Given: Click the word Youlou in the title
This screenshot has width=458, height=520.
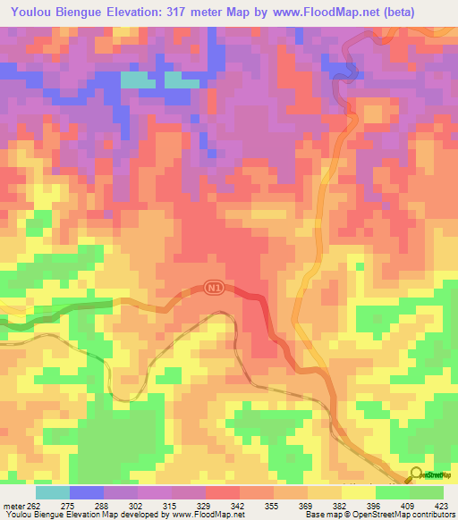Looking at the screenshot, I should [x=35, y=13].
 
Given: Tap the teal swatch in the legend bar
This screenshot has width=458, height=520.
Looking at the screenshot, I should [x=52, y=492].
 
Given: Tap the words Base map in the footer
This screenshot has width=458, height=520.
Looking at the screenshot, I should [x=319, y=515].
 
